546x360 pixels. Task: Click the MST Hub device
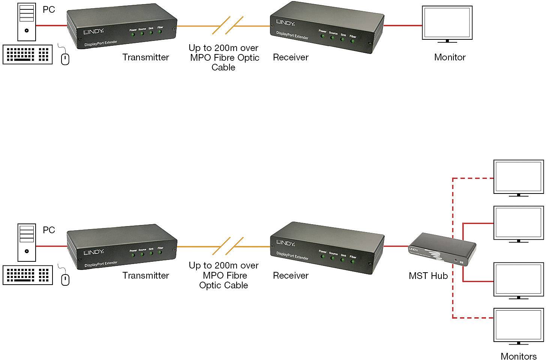442,250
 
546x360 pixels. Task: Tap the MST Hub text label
428,276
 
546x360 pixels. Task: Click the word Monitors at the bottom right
519,356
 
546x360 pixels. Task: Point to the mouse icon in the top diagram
65,59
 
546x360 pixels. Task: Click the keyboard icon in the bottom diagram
27,275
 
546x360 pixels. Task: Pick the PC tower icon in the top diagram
27,22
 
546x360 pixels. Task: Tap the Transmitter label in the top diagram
145,57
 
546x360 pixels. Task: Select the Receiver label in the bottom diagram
291,276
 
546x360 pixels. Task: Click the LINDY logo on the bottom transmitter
93,252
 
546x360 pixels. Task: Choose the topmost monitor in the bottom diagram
518,177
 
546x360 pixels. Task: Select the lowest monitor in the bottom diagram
518,325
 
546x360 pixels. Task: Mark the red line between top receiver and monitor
403,25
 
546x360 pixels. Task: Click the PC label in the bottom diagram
49,230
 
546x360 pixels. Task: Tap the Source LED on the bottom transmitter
142,254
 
